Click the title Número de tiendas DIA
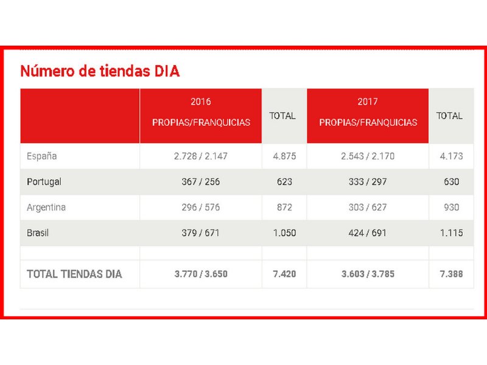(x=100, y=71)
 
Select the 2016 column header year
(x=201, y=102)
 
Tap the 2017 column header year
(x=368, y=102)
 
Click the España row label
(x=42, y=156)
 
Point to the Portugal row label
(x=44, y=182)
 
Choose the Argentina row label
(x=46, y=207)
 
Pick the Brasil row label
(x=38, y=233)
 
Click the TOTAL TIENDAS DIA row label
(x=74, y=274)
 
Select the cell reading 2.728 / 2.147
(x=201, y=156)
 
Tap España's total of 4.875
(x=284, y=156)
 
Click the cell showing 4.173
(x=451, y=156)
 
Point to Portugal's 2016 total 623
(x=284, y=182)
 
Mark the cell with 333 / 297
(x=368, y=182)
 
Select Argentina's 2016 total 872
(x=284, y=207)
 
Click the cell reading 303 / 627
(x=368, y=207)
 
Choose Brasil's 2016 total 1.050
(x=284, y=233)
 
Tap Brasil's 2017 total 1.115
(x=451, y=233)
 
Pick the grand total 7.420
(x=284, y=274)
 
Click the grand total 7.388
(x=451, y=274)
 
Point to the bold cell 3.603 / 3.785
(x=368, y=274)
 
